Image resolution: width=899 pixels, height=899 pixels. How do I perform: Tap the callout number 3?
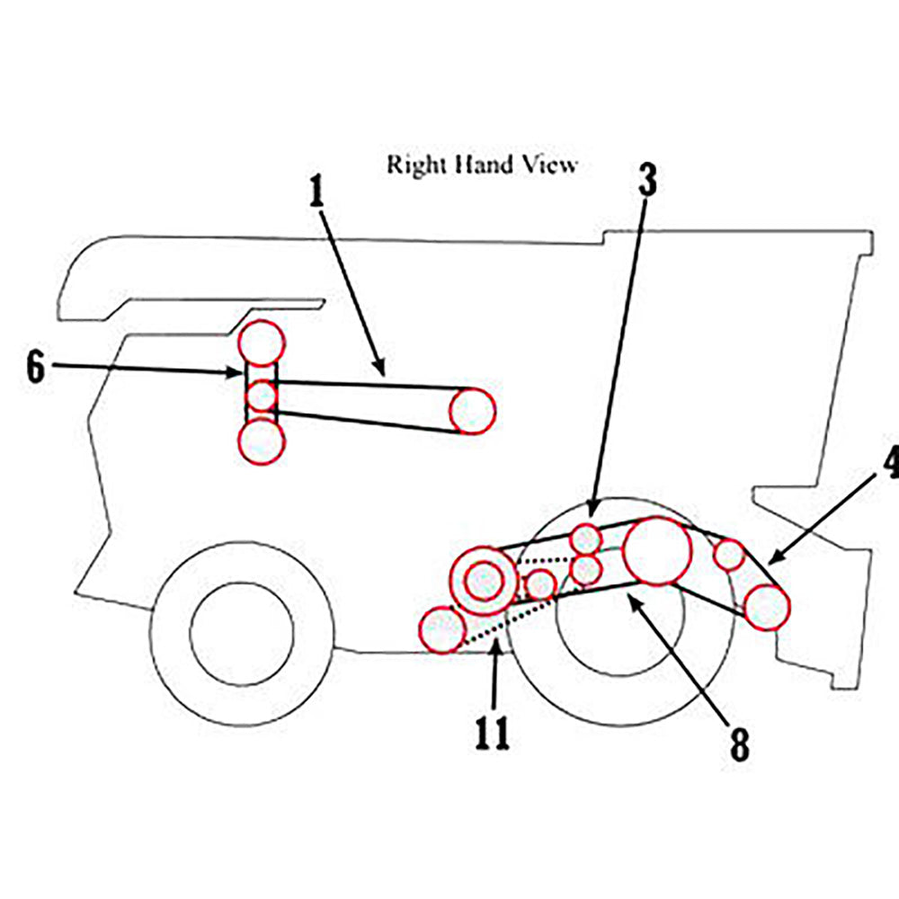coord(647,181)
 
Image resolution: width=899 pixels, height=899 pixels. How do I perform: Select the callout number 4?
coord(890,463)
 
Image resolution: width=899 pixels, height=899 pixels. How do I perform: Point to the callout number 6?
coord(34,368)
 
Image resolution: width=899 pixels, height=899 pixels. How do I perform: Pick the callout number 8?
coord(739,743)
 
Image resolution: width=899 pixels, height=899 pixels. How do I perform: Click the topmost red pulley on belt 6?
coord(262,343)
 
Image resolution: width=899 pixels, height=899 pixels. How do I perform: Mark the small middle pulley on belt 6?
coord(262,395)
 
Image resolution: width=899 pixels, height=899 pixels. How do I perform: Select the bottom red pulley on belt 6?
coord(262,441)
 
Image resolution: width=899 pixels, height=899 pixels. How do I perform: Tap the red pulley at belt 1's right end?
coord(472,411)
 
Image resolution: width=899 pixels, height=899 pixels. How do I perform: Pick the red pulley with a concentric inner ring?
coord(484,579)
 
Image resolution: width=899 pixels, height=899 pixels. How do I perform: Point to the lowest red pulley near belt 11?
coord(442,629)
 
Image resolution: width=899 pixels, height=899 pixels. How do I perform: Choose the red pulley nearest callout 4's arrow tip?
coord(766,608)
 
